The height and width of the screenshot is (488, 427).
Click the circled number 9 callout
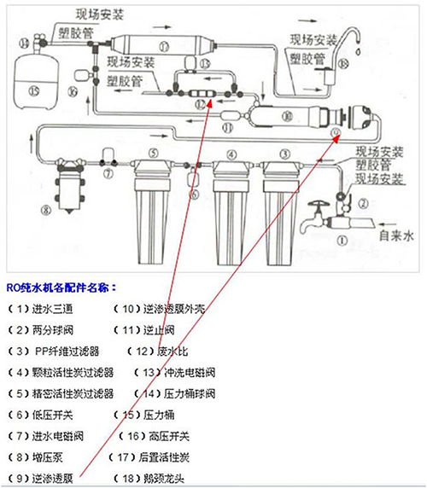[x=335, y=133]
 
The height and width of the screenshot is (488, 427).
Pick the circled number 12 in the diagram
[x=201, y=102]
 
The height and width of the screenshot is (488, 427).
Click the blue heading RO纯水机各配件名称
[x=61, y=288]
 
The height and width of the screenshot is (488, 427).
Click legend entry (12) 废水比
[x=154, y=350]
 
